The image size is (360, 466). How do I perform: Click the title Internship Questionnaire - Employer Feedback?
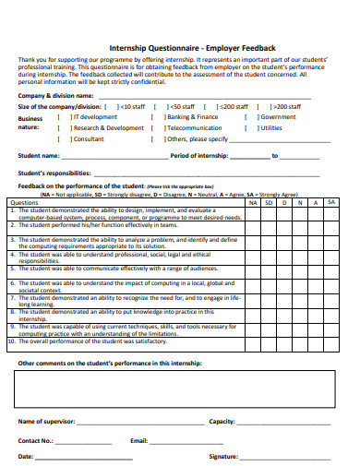click(180, 47)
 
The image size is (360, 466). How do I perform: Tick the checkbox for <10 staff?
click(113, 106)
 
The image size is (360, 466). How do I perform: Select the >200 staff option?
click(262, 106)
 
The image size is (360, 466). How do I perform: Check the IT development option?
click(65, 117)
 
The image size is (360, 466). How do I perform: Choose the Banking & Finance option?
click(159, 117)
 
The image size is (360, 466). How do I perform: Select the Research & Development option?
click(65, 128)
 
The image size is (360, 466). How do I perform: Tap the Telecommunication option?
click(159, 128)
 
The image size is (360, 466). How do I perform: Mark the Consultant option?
click(65, 139)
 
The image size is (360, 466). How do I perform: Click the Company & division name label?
click(55, 95)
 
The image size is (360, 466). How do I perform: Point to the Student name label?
click(39, 156)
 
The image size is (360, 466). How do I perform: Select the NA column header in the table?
click(253, 202)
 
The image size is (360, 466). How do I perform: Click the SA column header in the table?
click(332, 202)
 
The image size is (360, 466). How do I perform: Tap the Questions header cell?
click(24, 202)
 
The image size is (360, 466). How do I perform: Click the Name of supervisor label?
click(46, 421)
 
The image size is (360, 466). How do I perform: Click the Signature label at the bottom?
click(224, 456)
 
